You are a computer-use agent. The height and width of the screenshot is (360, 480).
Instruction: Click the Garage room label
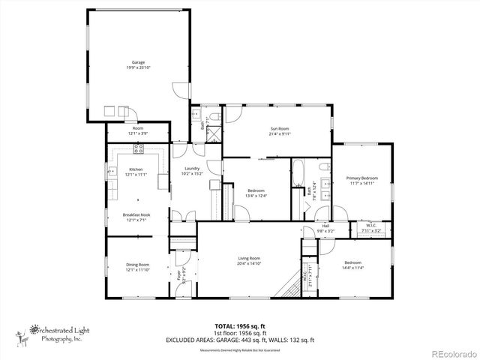(x=138, y=62)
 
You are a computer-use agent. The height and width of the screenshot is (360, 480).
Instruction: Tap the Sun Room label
(x=280, y=128)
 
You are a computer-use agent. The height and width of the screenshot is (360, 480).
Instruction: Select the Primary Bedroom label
(x=361, y=178)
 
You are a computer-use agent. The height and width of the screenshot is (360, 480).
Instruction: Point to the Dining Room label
(x=137, y=264)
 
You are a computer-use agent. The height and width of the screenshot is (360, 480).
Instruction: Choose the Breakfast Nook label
(x=137, y=215)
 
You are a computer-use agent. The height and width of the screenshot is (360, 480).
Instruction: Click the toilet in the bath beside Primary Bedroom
(x=324, y=168)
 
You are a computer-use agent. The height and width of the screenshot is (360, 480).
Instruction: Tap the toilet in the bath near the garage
(x=212, y=117)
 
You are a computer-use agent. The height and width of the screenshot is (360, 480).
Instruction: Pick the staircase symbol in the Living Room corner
(x=286, y=286)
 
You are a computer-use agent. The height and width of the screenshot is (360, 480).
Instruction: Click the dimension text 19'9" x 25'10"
(x=138, y=67)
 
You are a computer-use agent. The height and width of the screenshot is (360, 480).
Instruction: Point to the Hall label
(x=325, y=226)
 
